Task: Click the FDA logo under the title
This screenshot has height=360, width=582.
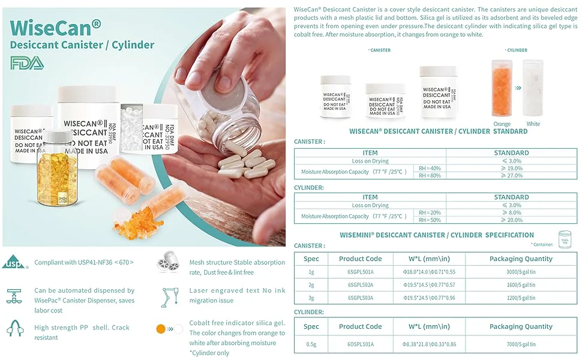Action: [x=27, y=63]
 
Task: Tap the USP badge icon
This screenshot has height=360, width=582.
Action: [x=14, y=262]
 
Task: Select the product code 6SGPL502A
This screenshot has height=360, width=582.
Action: [x=360, y=285]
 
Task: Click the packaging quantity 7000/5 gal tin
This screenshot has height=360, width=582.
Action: [x=521, y=344]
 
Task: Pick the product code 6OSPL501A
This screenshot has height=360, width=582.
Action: [x=360, y=344]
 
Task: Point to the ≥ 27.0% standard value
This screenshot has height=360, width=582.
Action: [x=511, y=176]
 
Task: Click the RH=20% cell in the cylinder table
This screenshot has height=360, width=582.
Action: [x=430, y=212]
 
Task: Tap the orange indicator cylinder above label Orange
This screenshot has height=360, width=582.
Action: [x=502, y=88]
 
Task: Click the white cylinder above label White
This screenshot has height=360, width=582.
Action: [x=533, y=88]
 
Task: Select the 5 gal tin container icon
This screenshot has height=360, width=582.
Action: [x=565, y=239]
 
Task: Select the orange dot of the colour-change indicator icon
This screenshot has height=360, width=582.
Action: [x=160, y=329]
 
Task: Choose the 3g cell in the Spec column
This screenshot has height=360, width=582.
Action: [x=311, y=298]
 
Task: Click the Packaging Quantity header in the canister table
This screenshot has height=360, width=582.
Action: [x=521, y=259]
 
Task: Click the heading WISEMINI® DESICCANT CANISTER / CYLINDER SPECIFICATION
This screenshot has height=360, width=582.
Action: [x=436, y=235]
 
